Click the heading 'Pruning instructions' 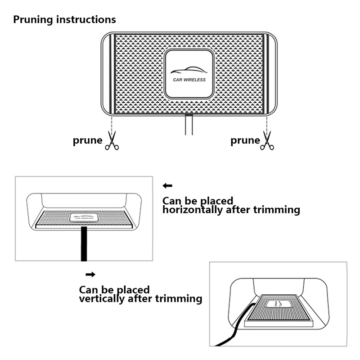click(64, 20)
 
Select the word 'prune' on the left click(88, 140)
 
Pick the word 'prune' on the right click(245, 140)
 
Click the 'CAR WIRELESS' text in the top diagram click(189, 80)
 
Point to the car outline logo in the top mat click(189, 71)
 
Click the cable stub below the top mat click(189, 125)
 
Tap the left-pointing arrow click(168, 185)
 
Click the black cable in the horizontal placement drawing click(83, 243)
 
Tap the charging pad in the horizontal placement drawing click(84, 217)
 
